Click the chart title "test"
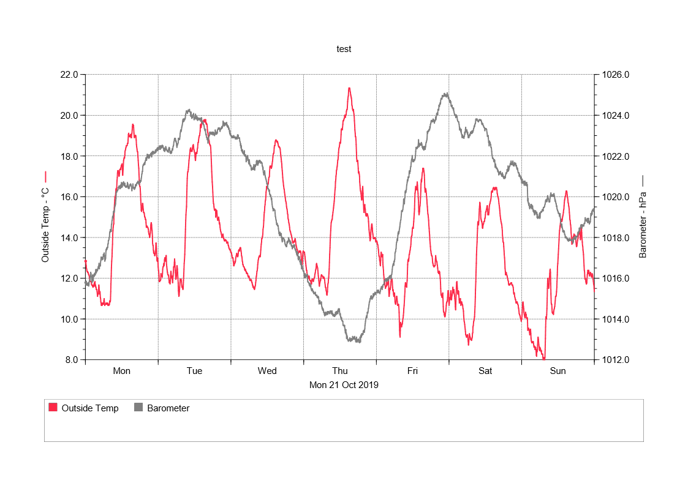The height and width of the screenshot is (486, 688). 344,49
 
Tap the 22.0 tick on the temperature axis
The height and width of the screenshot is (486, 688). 69,75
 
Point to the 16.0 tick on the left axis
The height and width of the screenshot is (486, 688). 69,197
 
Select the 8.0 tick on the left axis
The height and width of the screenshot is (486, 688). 71,360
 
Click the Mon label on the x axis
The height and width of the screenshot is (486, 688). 121,371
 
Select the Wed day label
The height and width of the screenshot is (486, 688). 267,371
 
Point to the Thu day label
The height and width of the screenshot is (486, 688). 339,371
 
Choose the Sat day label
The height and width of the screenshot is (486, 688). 485,371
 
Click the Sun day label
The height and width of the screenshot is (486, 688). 558,371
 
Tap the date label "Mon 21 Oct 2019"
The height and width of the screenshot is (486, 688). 344,385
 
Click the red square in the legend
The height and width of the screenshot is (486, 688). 53,408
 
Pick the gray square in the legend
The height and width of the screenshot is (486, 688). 138,408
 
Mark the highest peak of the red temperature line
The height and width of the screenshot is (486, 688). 349,88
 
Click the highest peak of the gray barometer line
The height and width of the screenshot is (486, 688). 446,94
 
